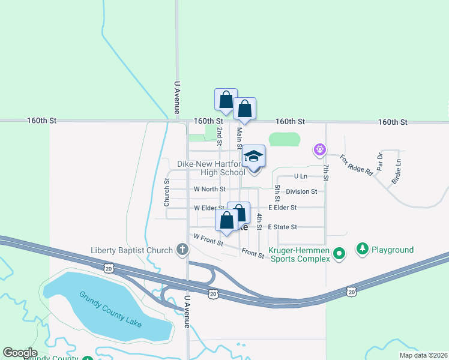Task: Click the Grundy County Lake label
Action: click(110, 309)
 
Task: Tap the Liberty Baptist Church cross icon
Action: click(182, 250)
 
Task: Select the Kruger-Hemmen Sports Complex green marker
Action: click(339, 254)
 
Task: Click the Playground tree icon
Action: click(362, 248)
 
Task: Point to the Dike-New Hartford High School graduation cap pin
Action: click(254, 158)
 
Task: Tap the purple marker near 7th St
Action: click(320, 149)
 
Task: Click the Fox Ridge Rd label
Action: click(356, 164)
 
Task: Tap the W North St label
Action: click(209, 189)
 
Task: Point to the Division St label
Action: click(301, 191)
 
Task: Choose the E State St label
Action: click(283, 227)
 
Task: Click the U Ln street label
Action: click(301, 176)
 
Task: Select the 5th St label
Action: click(277, 193)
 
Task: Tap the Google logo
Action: click(20, 353)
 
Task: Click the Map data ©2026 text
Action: click(423, 355)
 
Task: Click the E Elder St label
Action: click(282, 208)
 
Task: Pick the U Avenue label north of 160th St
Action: click(177, 97)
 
